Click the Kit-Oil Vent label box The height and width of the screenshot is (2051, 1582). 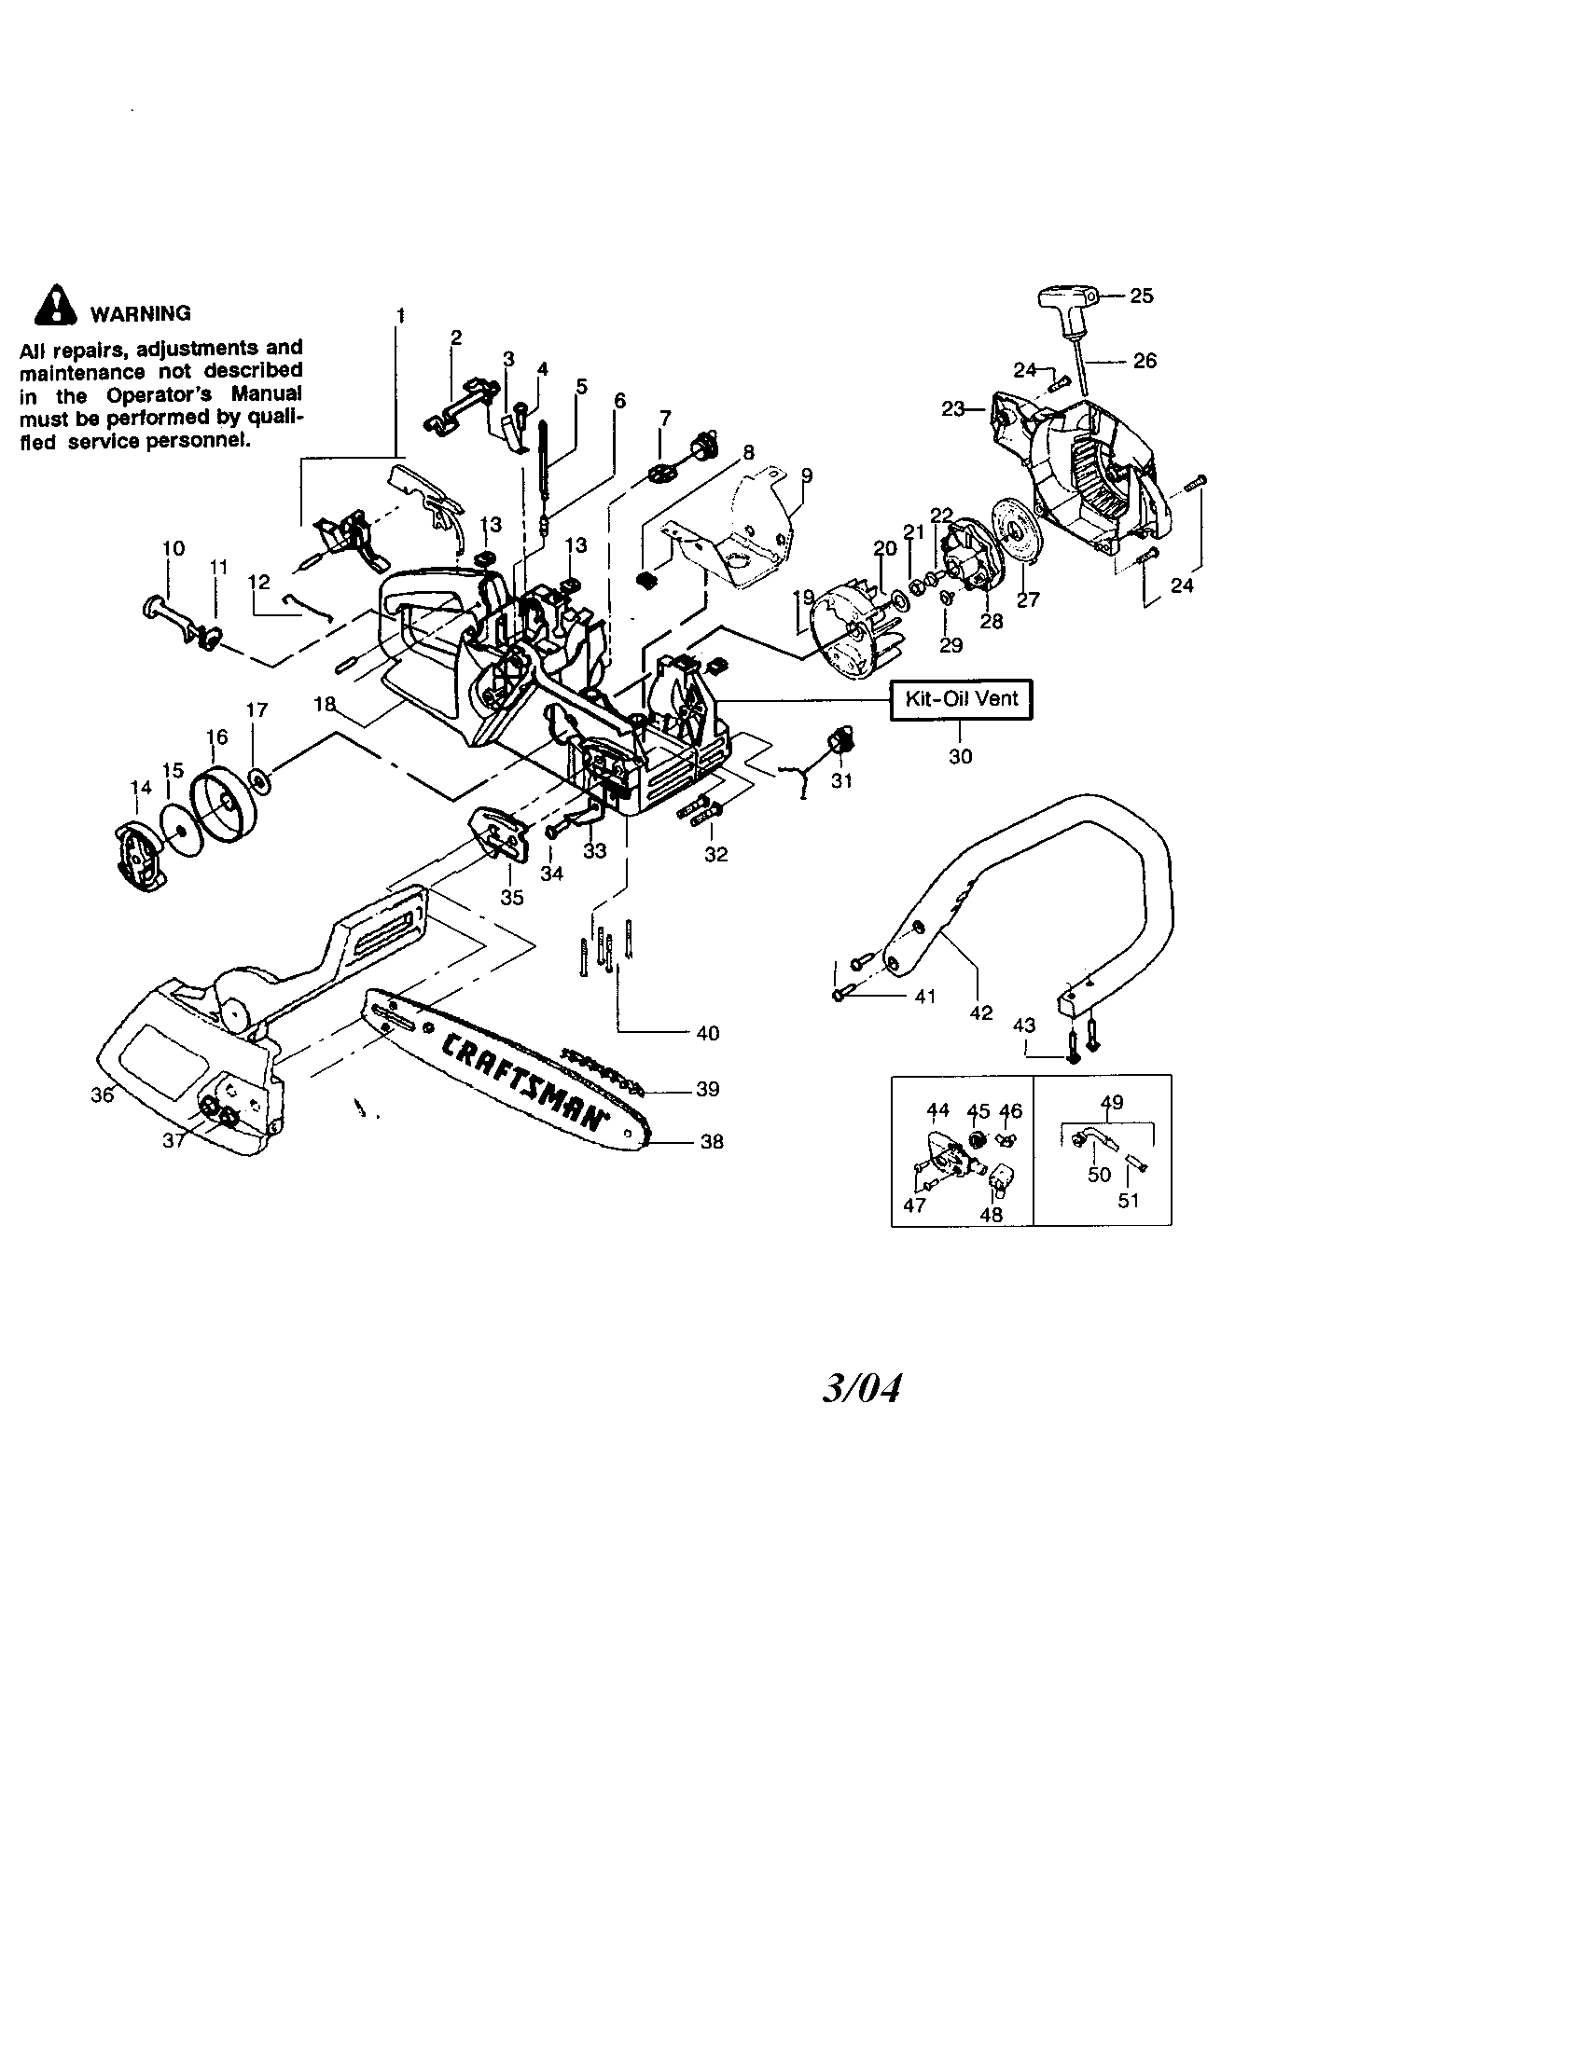960,699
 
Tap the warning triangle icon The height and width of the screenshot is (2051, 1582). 54,305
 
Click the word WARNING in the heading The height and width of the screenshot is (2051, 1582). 140,313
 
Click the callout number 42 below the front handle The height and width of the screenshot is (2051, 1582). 980,1012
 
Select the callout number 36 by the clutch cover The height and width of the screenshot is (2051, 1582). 102,1095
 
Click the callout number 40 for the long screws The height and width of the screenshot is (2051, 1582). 707,1033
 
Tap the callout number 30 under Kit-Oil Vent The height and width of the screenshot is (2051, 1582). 960,756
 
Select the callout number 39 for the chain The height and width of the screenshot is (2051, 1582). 707,1088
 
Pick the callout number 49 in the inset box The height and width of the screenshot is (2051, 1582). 1111,1103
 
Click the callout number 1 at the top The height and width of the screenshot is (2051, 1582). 401,315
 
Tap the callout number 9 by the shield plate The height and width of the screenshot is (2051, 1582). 806,476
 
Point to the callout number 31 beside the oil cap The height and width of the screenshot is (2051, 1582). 841,780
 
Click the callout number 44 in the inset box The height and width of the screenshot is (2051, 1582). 937,1110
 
